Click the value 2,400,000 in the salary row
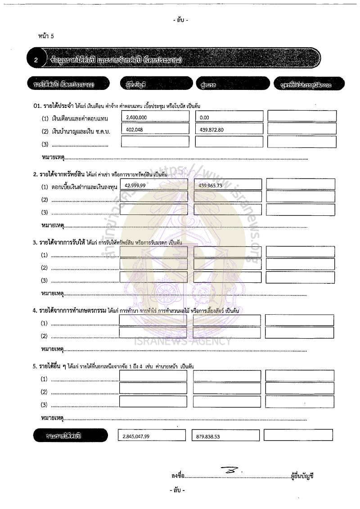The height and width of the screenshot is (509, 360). point(137,117)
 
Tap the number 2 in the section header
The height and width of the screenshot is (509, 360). point(37,59)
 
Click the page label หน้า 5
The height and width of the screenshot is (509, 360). point(46,36)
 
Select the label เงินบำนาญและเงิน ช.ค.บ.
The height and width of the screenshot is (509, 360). point(81,131)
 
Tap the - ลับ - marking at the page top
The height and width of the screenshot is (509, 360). point(180,20)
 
